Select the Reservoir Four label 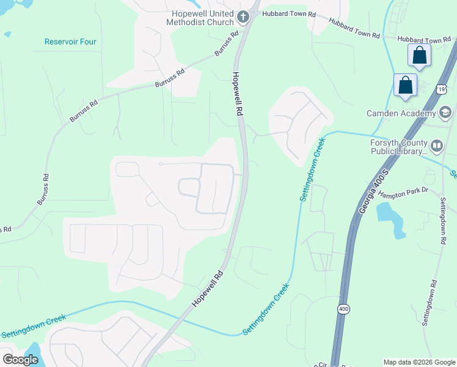click(x=70, y=42)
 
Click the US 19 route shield click(x=441, y=89)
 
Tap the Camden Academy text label click(x=401, y=113)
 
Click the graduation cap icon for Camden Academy click(x=445, y=113)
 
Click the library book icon click(x=436, y=146)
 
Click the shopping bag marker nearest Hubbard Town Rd click(x=420, y=56)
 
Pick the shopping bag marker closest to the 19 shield click(x=406, y=85)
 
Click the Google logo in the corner click(x=21, y=360)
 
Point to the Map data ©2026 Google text click(x=419, y=362)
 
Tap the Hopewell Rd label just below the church click(x=238, y=95)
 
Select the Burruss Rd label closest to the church click(x=226, y=45)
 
